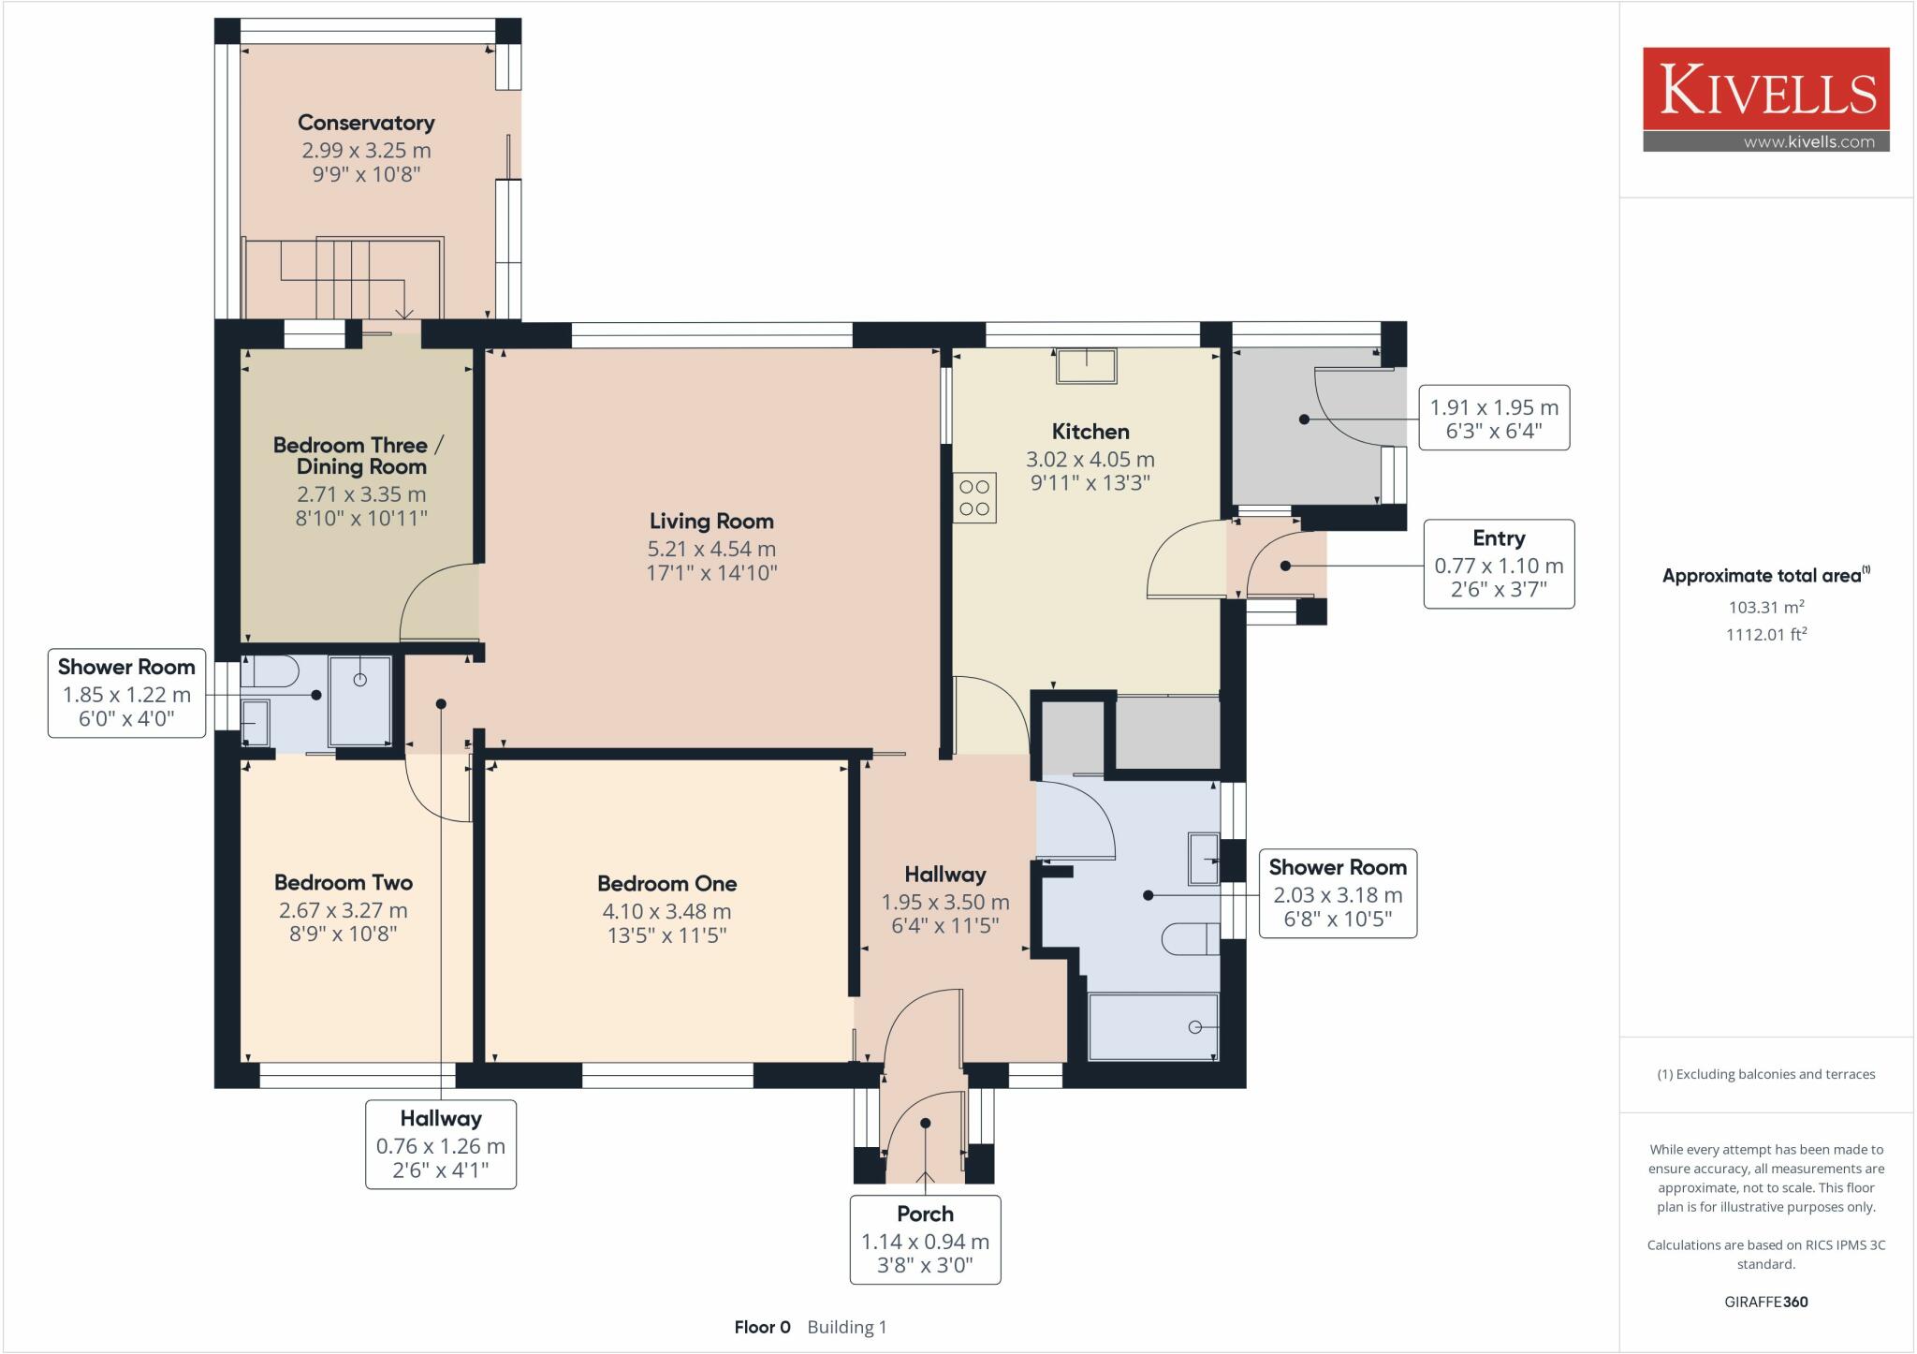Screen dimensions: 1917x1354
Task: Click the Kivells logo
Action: pyautogui.click(x=1766, y=99)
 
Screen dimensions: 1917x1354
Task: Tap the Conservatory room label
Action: pyautogui.click(x=366, y=123)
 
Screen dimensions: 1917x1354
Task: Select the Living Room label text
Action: pyautogui.click(x=711, y=521)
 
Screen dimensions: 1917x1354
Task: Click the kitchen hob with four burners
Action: pyautogui.click(x=974, y=497)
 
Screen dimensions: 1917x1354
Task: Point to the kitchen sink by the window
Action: pyautogui.click(x=1087, y=365)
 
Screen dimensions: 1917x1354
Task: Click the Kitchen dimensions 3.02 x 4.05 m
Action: pyautogui.click(x=1090, y=460)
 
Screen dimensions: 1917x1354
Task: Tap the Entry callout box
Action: pyautogui.click(x=1499, y=564)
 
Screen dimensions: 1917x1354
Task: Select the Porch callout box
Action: pyautogui.click(x=925, y=1239)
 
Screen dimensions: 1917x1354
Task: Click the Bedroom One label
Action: pyautogui.click(x=667, y=883)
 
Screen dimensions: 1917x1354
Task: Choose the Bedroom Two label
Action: pyautogui.click(x=344, y=882)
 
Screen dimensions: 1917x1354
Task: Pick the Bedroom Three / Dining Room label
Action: pyautogui.click(x=359, y=455)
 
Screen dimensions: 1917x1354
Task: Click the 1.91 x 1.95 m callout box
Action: pyautogui.click(x=1494, y=418)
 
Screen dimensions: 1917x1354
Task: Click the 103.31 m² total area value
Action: pyautogui.click(x=1766, y=607)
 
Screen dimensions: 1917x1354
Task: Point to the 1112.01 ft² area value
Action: pyautogui.click(x=1766, y=634)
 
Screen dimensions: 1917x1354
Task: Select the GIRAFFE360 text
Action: pyautogui.click(x=1766, y=1302)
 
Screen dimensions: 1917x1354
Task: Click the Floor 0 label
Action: pyautogui.click(x=762, y=1327)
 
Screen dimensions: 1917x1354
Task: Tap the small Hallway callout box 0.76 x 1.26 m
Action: pyautogui.click(x=440, y=1144)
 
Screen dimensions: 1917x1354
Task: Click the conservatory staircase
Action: pyautogui.click(x=344, y=277)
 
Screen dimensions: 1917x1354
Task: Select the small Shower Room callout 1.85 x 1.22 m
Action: pyautogui.click(x=126, y=693)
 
